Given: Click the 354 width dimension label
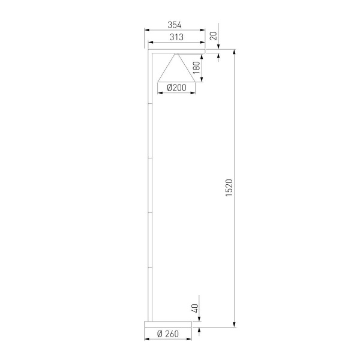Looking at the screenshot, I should tap(175, 25).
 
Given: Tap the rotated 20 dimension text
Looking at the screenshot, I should tap(213, 36).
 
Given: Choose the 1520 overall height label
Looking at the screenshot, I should tap(229, 189).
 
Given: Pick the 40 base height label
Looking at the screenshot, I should tap(194, 309).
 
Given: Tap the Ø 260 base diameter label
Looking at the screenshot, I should tap(169, 334).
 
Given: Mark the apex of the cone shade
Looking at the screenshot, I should tap(176, 55).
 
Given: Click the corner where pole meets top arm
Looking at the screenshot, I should tap(150, 53).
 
